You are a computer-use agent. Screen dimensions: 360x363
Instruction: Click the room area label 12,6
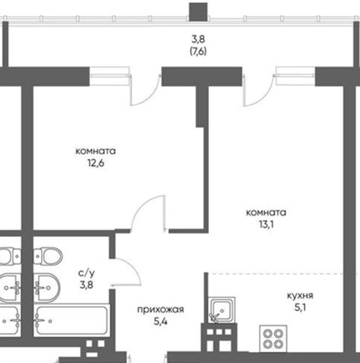point(96,164)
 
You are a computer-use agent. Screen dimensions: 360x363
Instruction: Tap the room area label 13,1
point(266,225)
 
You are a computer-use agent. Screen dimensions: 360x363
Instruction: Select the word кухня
point(300,296)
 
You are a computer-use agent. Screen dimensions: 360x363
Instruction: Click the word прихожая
point(161,309)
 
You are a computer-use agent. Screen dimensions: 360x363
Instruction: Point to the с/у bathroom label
point(86,273)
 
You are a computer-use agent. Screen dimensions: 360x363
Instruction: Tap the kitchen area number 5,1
point(300,308)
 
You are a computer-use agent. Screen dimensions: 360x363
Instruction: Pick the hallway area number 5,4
point(161,322)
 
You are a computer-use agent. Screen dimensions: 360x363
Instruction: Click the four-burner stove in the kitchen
point(273,339)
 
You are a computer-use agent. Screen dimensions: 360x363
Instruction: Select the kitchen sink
point(222,309)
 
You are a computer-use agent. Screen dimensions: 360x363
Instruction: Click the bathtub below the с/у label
point(71,320)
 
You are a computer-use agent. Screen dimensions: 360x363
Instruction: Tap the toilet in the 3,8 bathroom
point(48,257)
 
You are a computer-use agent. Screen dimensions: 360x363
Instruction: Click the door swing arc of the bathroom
point(132,267)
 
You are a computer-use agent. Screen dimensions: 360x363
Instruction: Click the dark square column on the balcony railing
point(199,12)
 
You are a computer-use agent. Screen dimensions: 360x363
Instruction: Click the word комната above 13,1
point(266,213)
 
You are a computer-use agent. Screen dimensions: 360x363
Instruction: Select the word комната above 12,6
point(95,151)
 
